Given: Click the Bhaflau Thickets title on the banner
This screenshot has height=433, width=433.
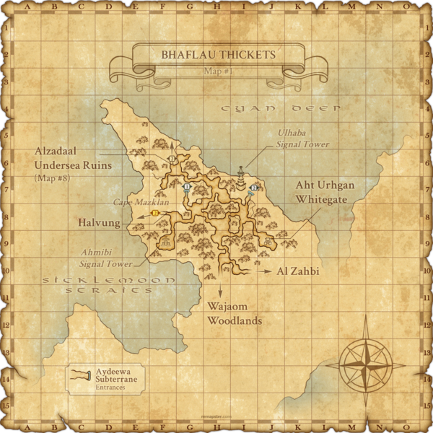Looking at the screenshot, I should tap(218, 54).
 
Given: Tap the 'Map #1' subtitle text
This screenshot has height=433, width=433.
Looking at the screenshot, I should tap(218, 71).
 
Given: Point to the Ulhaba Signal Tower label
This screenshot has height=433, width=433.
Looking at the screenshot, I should tap(303, 139).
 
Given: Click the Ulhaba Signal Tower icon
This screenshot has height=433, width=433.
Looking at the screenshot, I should tap(240, 174).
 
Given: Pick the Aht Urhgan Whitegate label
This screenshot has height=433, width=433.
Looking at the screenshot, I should tap(325, 191).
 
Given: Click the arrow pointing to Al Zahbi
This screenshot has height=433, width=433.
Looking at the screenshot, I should tap(265, 271).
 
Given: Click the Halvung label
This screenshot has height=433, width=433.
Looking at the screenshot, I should tap(99, 224).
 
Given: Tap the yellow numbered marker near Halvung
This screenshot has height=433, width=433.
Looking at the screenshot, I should tap(155, 214).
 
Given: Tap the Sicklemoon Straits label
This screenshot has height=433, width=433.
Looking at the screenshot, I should tap(109, 284).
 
